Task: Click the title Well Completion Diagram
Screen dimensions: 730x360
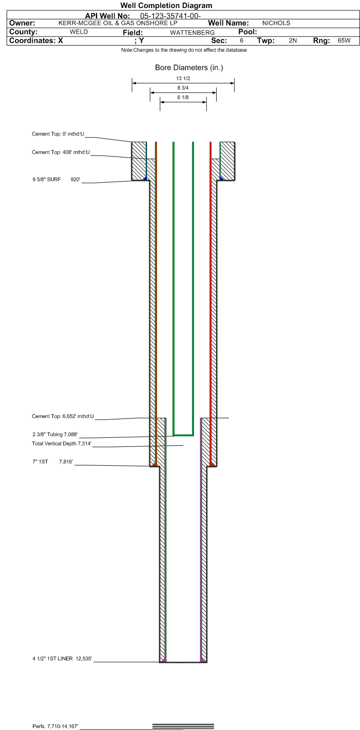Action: click(x=166, y=6)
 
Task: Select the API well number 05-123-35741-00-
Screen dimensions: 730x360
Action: click(x=171, y=16)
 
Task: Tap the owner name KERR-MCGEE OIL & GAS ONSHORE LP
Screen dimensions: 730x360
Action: click(x=118, y=23)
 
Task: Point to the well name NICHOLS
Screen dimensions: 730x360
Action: click(x=276, y=23)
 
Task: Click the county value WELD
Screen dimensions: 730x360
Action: click(x=79, y=32)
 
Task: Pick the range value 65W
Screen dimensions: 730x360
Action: click(x=344, y=41)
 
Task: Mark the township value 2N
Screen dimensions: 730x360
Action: click(x=293, y=41)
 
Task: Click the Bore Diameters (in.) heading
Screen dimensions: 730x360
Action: click(x=189, y=68)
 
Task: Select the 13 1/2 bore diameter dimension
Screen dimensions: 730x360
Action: click(x=183, y=78)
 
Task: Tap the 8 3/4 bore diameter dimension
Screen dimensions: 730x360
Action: click(x=183, y=88)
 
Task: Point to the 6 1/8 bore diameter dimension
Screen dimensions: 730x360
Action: click(x=183, y=97)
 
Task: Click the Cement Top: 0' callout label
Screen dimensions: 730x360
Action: click(x=58, y=134)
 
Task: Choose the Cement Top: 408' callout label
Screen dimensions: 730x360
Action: click(x=61, y=152)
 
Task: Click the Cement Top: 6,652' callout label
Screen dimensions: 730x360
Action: click(x=63, y=416)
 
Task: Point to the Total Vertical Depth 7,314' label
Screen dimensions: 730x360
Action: click(x=62, y=444)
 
